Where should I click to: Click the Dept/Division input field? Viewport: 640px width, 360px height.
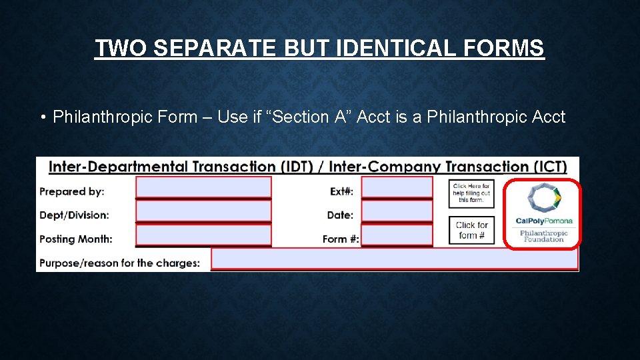click(203, 211)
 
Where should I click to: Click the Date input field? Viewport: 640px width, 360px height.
click(397, 211)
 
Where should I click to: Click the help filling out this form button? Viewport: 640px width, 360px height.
click(471, 193)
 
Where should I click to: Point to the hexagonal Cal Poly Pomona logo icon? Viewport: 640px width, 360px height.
click(544, 199)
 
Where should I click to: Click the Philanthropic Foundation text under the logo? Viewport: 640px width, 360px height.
click(544, 236)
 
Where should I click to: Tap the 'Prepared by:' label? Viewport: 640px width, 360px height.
click(72, 191)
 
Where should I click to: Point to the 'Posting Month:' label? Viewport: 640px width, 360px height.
click(76, 239)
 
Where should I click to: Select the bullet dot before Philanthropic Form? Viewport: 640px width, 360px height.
click(42, 118)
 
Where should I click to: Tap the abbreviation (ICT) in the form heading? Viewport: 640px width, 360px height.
click(545, 167)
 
